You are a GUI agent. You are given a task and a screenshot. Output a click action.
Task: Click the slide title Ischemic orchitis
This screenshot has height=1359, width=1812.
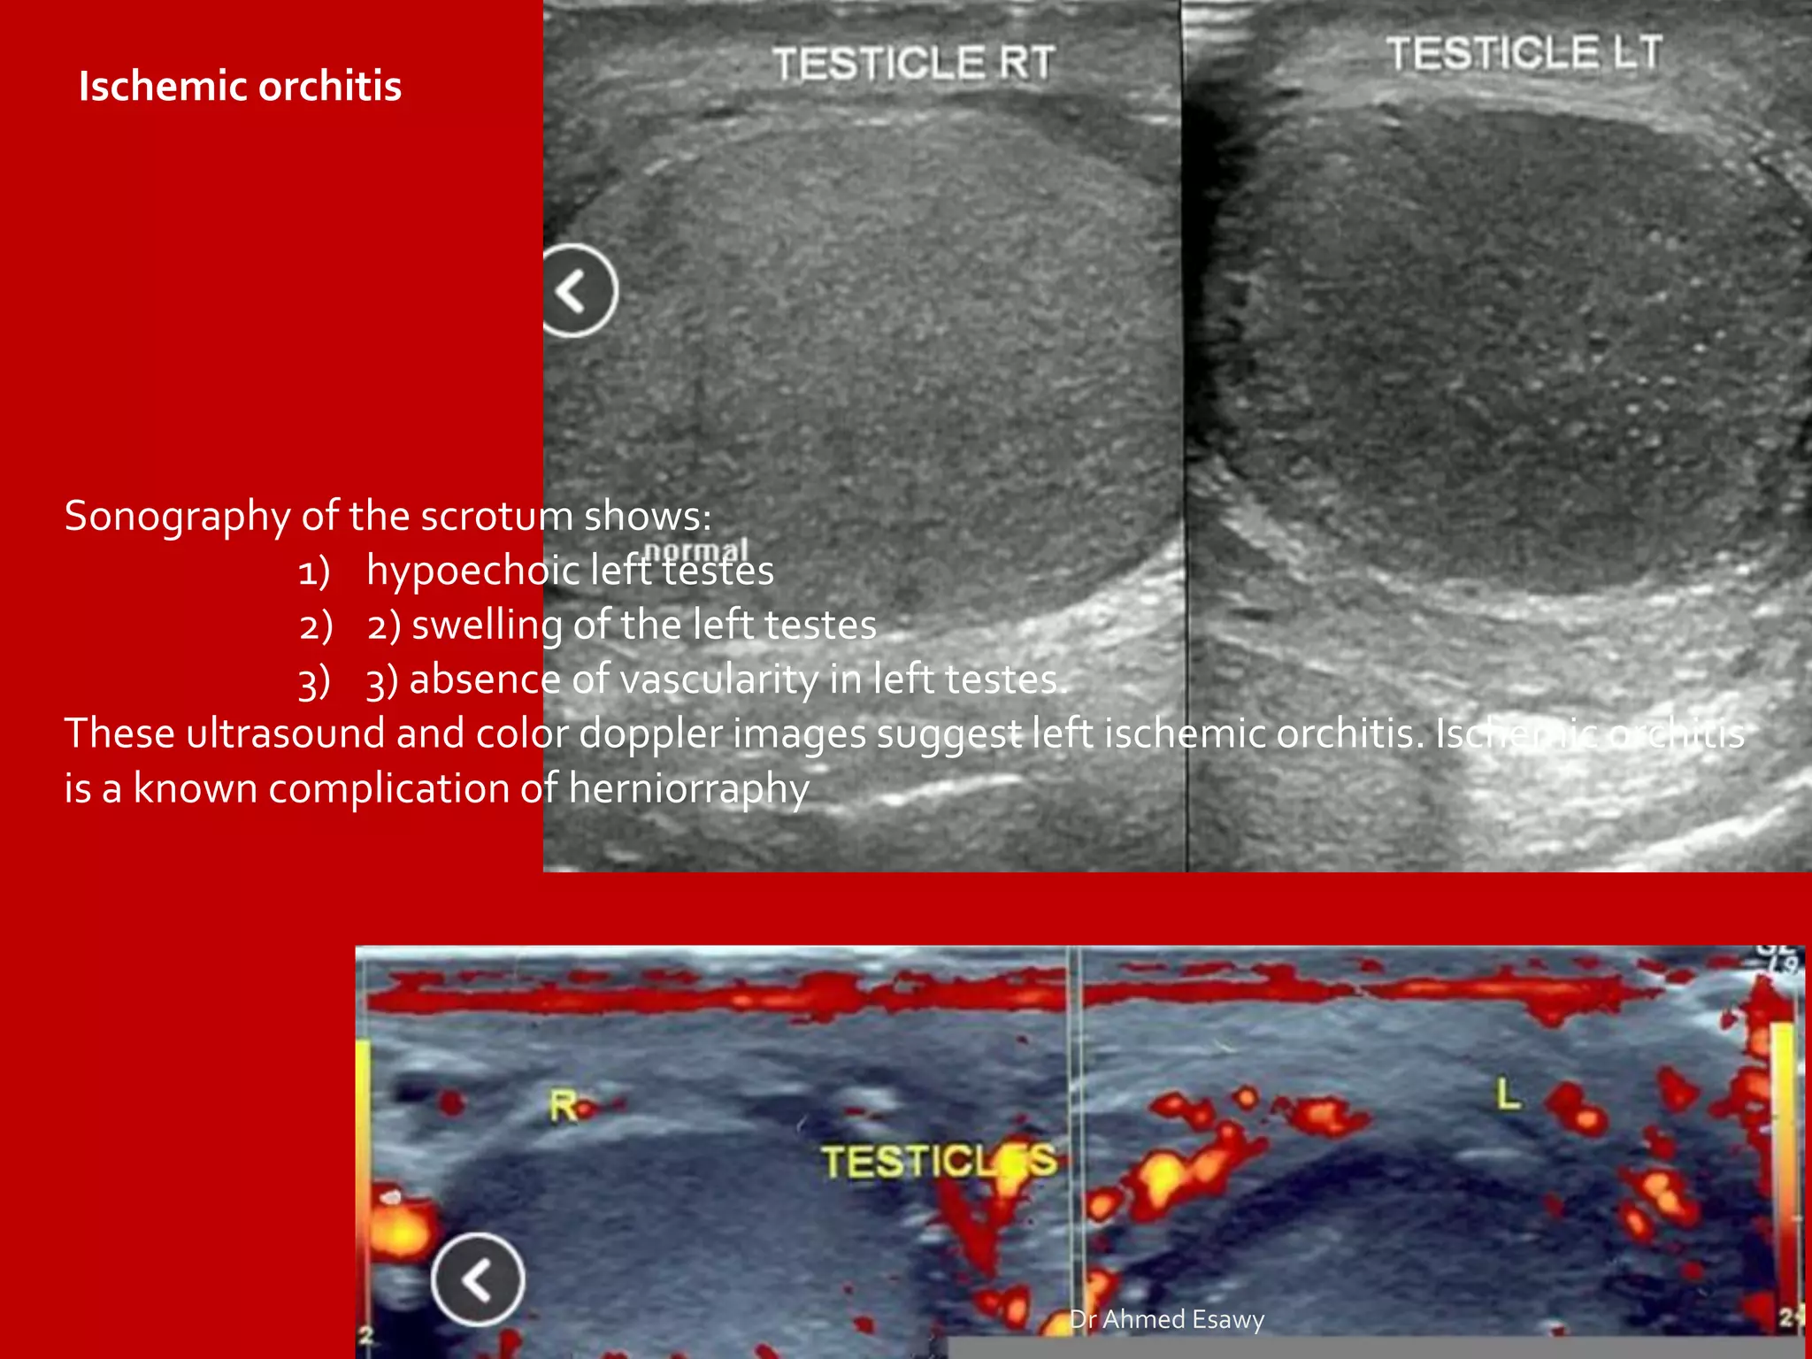pos(240,87)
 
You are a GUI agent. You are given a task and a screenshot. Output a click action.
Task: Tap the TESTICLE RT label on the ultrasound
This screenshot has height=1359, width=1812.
pos(914,63)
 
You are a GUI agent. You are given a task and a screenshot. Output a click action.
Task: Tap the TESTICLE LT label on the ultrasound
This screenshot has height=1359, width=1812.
pos(1524,53)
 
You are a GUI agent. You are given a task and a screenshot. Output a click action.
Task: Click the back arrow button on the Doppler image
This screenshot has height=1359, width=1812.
pos(478,1279)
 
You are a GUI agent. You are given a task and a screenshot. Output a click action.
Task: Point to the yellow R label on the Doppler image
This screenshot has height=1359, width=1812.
pos(563,1106)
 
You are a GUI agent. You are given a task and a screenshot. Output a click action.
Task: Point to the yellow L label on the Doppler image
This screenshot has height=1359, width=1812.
pos(1508,1095)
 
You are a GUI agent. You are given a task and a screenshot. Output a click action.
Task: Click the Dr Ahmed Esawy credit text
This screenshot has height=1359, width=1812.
pos(1167,1319)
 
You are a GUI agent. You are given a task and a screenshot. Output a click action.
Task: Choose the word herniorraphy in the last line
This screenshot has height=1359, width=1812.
pos(688,788)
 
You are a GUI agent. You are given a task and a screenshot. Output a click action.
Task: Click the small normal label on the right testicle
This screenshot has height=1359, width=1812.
pos(696,550)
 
